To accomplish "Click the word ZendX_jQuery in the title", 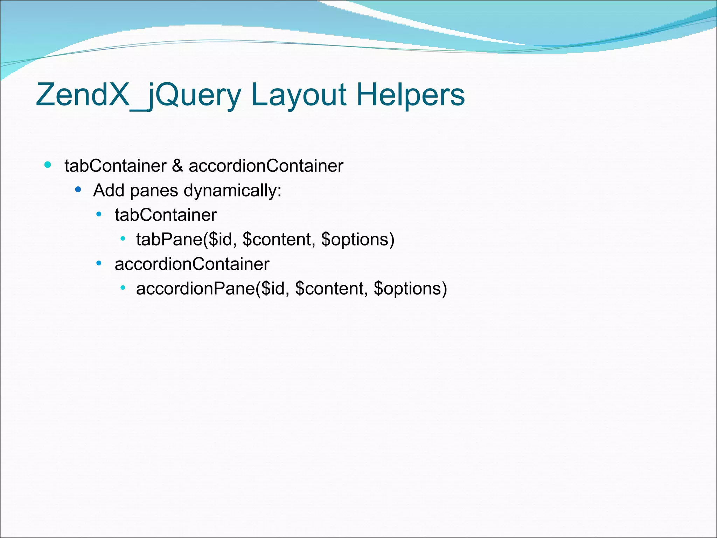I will pyautogui.click(x=139, y=95).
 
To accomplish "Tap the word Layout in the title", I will pyautogui.click(x=299, y=95).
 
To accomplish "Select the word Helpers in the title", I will pyautogui.click(x=411, y=95).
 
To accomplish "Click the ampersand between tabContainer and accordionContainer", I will pyautogui.click(x=177, y=166).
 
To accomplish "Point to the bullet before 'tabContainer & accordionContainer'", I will pyautogui.click(x=48, y=165).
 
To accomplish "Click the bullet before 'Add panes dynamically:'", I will pyautogui.click(x=78, y=190).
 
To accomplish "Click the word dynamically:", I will pyautogui.click(x=232, y=191).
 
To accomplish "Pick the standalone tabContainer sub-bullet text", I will pyautogui.click(x=166, y=215).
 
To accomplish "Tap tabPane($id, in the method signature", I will pyautogui.click(x=185, y=240).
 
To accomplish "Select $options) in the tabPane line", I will pyautogui.click(x=357, y=240).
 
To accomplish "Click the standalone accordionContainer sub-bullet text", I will pyautogui.click(x=192, y=264).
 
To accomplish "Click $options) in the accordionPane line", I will pyautogui.click(x=410, y=289).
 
